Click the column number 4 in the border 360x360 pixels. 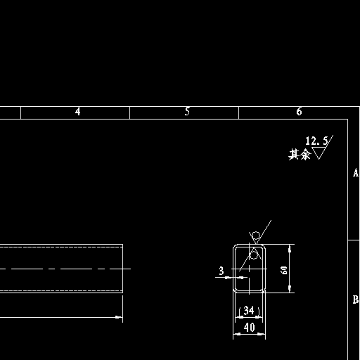[78, 112]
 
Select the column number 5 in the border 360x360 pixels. [187, 111]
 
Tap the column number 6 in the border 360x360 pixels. [299, 111]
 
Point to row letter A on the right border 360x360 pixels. [356, 173]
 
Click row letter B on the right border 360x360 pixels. [356, 300]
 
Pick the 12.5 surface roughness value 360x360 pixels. [316, 141]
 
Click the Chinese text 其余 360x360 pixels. [300, 155]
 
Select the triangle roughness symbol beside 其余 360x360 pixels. [319, 153]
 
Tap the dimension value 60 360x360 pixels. [284, 270]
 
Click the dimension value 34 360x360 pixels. [249, 311]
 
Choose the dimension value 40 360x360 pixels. [249, 328]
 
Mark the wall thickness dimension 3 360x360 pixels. [221, 271]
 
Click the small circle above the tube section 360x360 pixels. [256, 235]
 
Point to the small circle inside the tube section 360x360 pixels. [254, 255]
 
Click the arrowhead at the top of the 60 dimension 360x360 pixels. [290, 248]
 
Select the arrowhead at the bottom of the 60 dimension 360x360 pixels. [290, 289]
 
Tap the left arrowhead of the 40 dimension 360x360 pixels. [237, 334]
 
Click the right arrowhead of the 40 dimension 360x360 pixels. [262, 334]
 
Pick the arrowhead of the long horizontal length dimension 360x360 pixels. [119, 317]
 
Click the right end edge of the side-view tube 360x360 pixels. [122, 269]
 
